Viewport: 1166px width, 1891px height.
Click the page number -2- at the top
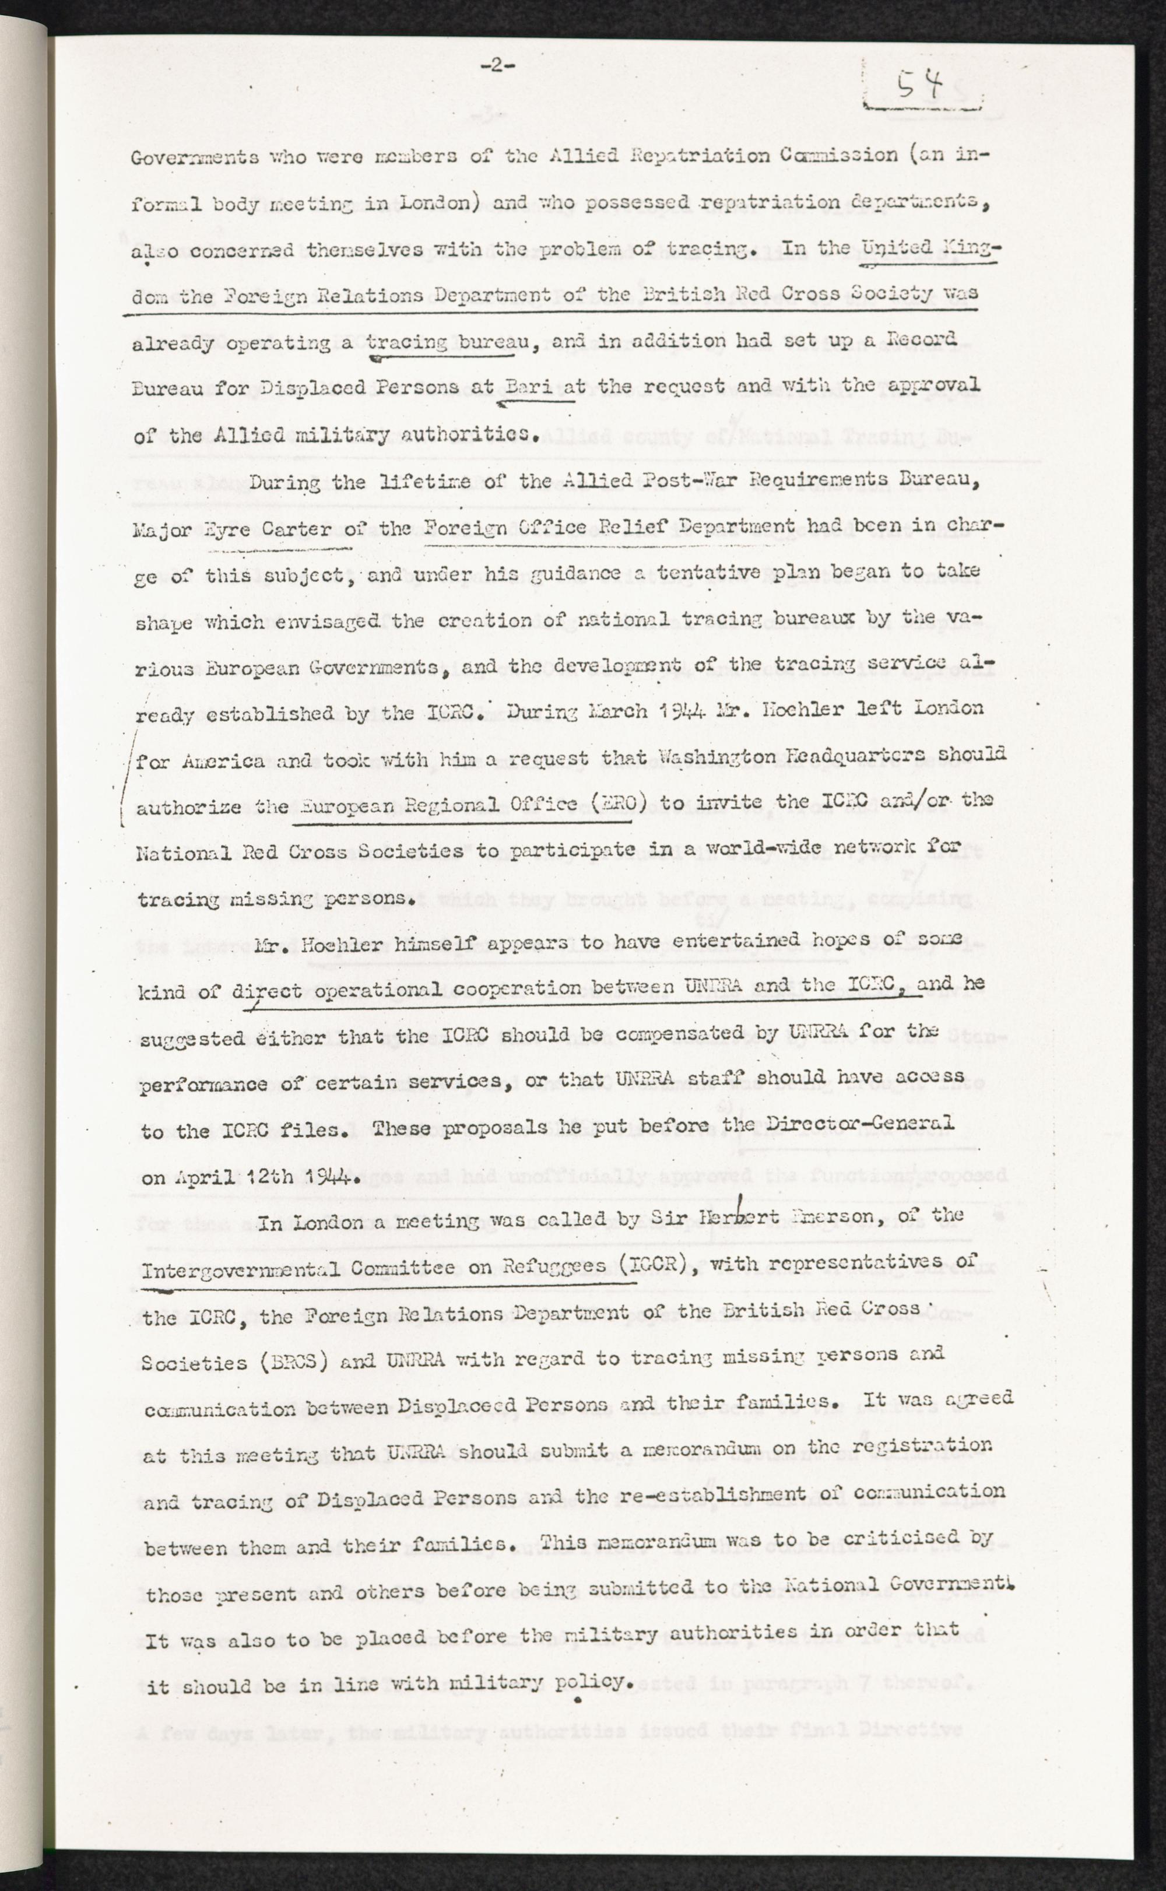pos(497,66)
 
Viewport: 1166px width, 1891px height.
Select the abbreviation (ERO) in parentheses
pos(606,804)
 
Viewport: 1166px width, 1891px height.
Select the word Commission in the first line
pos(839,155)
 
